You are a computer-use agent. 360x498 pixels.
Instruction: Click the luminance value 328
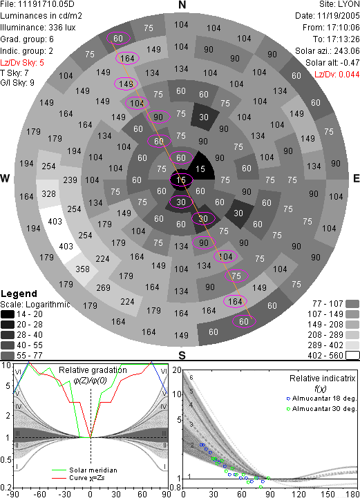pyautogui.click(x=48, y=193)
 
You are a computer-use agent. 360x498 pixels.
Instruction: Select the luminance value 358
pyautogui.click(x=82, y=269)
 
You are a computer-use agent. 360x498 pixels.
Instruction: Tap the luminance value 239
pyautogui.click(x=70, y=180)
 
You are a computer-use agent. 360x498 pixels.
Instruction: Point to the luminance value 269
pyautogui.click(x=103, y=288)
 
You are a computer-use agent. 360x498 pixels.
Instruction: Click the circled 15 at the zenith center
pyautogui.click(x=181, y=180)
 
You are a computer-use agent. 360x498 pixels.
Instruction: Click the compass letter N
pyautogui.click(x=182, y=5)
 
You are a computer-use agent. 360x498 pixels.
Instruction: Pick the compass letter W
pyautogui.click(x=5, y=178)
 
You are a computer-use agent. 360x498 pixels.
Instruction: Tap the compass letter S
pyautogui.click(x=182, y=355)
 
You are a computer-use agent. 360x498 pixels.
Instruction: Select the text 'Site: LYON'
pyautogui.click(x=339, y=4)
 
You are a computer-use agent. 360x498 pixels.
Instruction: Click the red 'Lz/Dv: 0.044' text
pyautogui.click(x=337, y=75)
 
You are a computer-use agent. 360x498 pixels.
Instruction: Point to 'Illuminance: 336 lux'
pyautogui.click(x=38, y=28)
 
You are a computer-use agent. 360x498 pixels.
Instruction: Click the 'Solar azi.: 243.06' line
pyautogui.click(x=328, y=51)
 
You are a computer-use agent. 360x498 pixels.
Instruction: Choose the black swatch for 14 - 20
pyautogui.click(x=8, y=314)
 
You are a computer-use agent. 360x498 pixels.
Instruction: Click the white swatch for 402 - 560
pyautogui.click(x=352, y=356)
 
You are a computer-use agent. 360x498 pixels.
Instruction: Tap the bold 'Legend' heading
pyautogui.click(x=19, y=294)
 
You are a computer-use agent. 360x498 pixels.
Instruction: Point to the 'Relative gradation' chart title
pyautogui.click(x=93, y=370)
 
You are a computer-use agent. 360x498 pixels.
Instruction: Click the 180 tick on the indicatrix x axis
pyautogui.click(x=352, y=494)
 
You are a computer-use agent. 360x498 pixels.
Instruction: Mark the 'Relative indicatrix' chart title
pyautogui.click(x=323, y=379)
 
